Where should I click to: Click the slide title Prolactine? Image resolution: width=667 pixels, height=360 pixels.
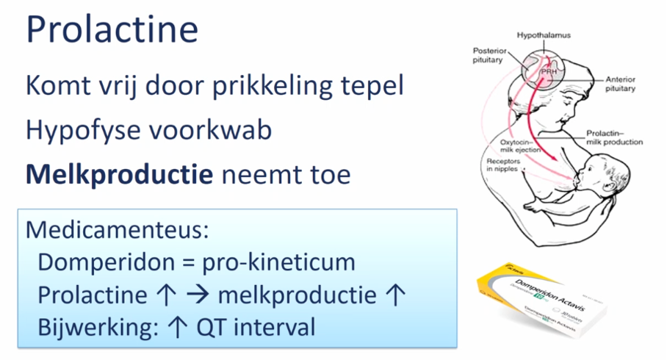click(112, 30)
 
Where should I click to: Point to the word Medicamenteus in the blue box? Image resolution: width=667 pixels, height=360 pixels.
click(118, 229)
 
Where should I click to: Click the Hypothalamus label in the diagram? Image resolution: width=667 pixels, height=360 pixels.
click(544, 35)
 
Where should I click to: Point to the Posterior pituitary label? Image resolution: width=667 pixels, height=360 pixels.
click(488, 56)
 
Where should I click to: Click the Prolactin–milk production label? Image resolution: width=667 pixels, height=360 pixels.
click(614, 137)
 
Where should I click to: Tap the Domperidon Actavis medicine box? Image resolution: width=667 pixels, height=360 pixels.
click(559, 301)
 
